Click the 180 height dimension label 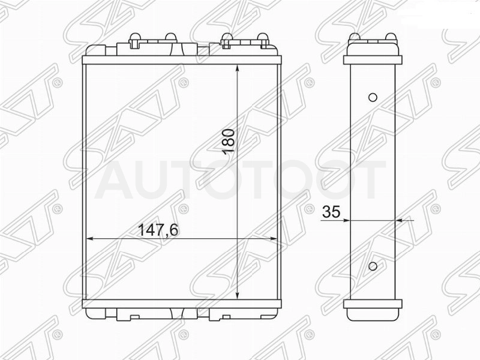(229, 142)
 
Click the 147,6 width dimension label (158, 230)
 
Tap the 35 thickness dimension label (332, 212)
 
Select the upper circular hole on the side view (373, 97)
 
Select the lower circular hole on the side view (373, 266)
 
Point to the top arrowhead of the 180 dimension (238, 68)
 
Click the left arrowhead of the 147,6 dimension (91, 239)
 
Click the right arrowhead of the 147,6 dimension (272, 239)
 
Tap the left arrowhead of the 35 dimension (346, 220)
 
